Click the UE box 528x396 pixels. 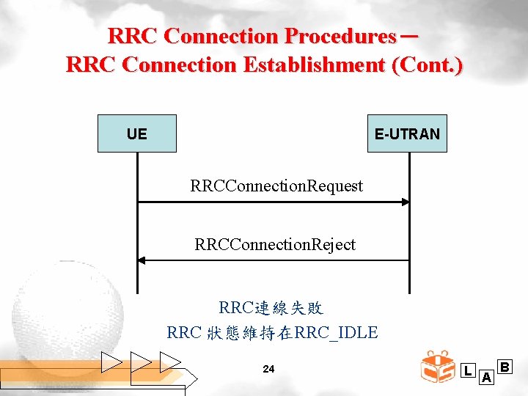pyautogui.click(x=137, y=133)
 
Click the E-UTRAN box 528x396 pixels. pyautogui.click(x=407, y=133)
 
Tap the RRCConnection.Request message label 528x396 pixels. pyautogui.click(x=276, y=186)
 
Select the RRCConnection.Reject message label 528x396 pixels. pyautogui.click(x=275, y=244)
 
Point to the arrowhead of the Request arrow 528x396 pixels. pyautogui.click(x=405, y=202)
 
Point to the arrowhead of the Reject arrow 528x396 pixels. pyautogui.click(x=142, y=260)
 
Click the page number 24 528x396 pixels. pyautogui.click(x=268, y=369)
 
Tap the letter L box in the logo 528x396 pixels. pyautogui.click(x=468, y=371)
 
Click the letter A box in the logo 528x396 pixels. pyautogui.click(x=485, y=378)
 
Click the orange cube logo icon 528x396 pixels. pyautogui.click(x=438, y=367)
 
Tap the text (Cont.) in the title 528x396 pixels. pyautogui.click(x=428, y=65)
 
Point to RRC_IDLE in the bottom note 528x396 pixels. pyautogui.click(x=335, y=332)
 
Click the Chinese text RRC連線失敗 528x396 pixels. pyautogui.click(x=271, y=307)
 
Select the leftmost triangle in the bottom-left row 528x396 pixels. pyautogui.click(x=112, y=362)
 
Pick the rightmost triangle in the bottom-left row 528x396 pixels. pyautogui.click(x=170, y=362)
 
